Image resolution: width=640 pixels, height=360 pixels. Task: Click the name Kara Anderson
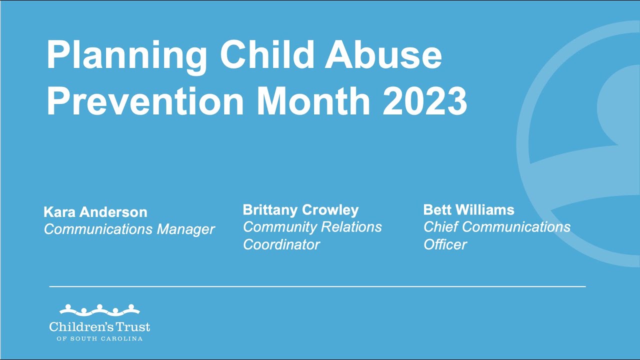95,212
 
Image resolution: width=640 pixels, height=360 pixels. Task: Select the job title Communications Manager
129,229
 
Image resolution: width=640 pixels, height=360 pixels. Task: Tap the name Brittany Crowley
300,210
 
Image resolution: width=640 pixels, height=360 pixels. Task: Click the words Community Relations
312,227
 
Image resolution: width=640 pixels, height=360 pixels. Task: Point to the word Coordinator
281,244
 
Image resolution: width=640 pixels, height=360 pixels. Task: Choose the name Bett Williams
468,210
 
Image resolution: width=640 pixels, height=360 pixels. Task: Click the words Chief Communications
496,227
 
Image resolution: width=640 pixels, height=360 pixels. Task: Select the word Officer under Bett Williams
445,244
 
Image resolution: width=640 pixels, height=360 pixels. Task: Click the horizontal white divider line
317,286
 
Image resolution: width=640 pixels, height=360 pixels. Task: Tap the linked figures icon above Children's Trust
99,309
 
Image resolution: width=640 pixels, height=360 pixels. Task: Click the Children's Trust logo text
99,327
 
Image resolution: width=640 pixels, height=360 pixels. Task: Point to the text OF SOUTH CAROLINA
99,339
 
